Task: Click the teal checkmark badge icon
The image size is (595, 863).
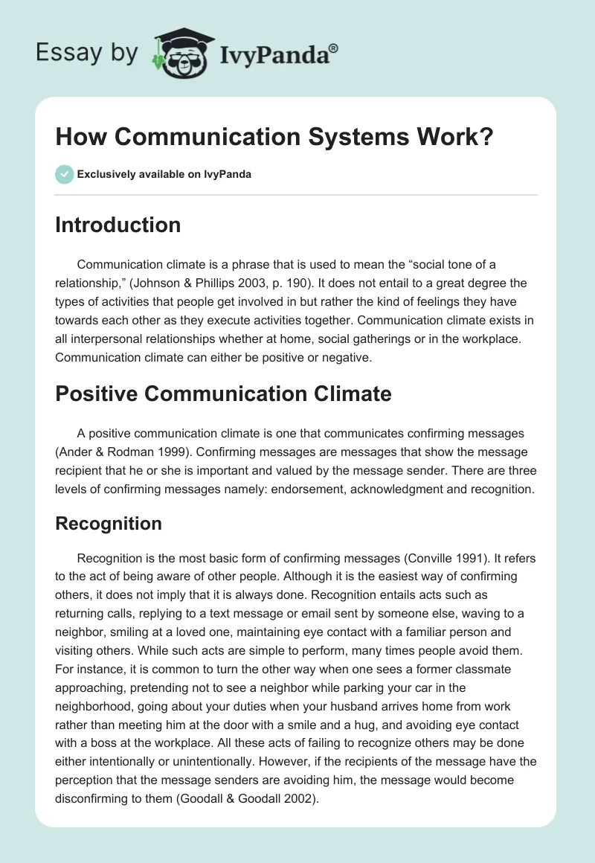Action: pos(63,174)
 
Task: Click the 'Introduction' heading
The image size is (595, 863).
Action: pos(118,225)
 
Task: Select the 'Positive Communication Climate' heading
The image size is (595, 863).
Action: pos(223,393)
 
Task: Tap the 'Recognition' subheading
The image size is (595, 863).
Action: pos(109,523)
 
